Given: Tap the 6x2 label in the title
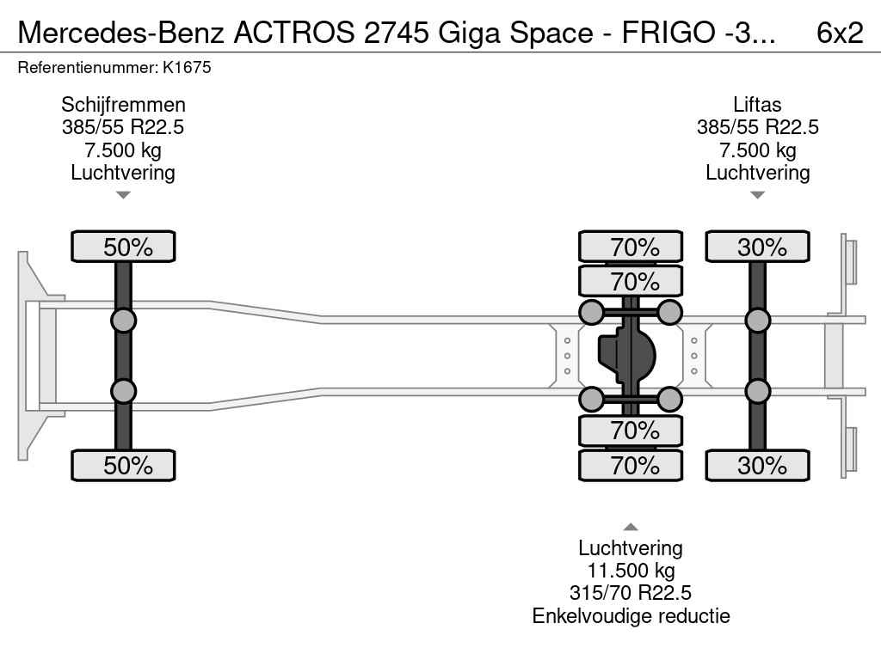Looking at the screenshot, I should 840,33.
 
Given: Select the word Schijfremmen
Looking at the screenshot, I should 123,105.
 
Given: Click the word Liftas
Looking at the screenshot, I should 757,105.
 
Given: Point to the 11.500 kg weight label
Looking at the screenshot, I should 631,571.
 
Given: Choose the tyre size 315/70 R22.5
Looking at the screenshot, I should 631,593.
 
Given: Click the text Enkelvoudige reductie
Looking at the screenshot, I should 631,615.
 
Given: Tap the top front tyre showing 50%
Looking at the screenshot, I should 123,247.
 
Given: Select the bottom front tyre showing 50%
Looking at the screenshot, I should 123,465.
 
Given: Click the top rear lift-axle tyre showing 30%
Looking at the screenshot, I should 757,247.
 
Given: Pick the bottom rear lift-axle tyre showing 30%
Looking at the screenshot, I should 757,465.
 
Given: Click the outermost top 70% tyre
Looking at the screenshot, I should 631,247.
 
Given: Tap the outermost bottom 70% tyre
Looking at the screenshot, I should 631,465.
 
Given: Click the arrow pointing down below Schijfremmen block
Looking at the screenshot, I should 123,195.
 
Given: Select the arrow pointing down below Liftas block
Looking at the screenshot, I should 757,195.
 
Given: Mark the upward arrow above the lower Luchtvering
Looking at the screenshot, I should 631,527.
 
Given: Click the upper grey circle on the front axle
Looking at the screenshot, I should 123,321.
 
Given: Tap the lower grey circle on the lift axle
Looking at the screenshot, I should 757,391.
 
